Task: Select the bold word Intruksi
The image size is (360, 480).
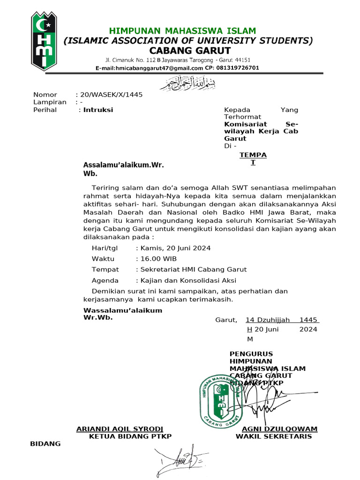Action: pyautogui.click(x=98, y=110)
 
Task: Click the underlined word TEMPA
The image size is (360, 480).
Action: pyautogui.click(x=253, y=154)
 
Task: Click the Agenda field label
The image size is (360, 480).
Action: pyautogui.click(x=105, y=280)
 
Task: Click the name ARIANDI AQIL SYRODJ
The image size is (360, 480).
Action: pyautogui.click(x=120, y=429)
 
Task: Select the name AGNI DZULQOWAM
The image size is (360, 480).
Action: pyautogui.click(x=279, y=429)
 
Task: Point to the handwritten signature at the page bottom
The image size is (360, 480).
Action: pyautogui.click(x=183, y=459)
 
